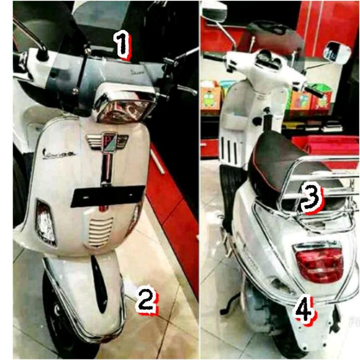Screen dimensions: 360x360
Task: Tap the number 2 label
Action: (146, 300)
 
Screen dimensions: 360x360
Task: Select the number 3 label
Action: (312, 199)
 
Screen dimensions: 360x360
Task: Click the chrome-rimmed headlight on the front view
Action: (124, 108)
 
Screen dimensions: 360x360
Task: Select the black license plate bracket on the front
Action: (107, 196)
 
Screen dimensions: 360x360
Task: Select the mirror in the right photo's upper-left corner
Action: (214, 11)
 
